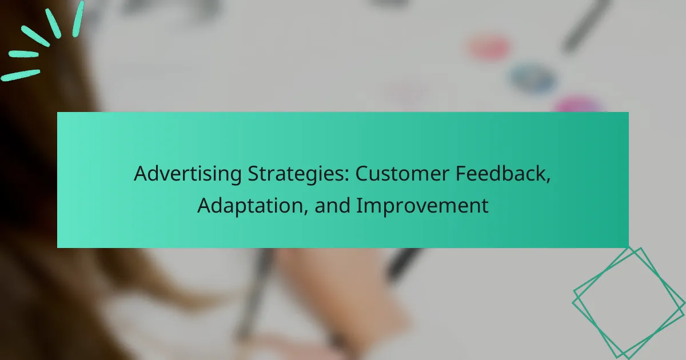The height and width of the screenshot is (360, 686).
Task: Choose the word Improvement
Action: click(422, 206)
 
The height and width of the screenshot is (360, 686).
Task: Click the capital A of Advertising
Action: click(140, 175)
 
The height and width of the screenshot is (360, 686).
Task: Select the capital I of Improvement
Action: click(359, 206)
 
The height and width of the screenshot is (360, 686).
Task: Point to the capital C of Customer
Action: click(362, 175)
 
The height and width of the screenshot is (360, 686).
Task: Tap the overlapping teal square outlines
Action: click(629, 301)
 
